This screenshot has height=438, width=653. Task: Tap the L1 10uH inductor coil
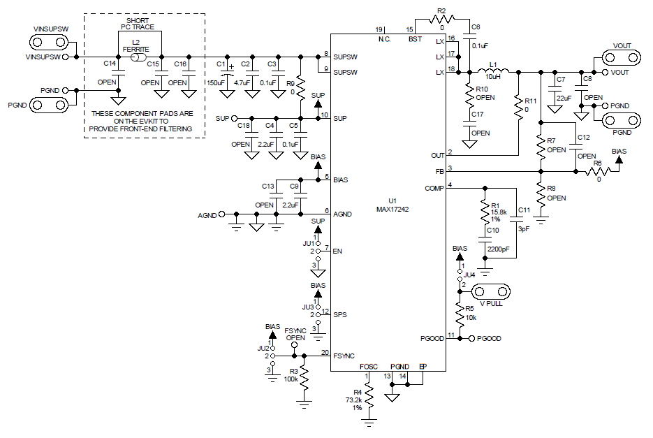pos(495,71)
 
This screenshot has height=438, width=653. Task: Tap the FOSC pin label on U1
pos(369,367)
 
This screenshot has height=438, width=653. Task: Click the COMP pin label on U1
pos(434,188)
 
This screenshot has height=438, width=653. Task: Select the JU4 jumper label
pos(470,275)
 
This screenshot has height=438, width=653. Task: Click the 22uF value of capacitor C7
pos(564,98)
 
